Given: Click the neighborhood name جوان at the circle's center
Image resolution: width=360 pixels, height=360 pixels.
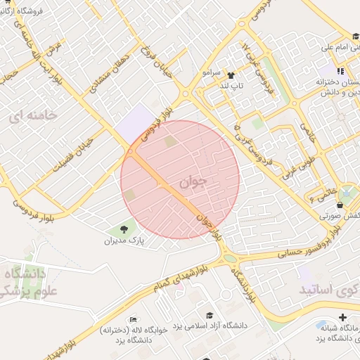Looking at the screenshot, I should point(195,181).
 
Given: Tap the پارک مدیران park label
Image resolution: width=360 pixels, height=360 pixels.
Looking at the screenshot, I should point(124,240).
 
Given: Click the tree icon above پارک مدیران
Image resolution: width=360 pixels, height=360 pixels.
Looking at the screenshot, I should point(124,229).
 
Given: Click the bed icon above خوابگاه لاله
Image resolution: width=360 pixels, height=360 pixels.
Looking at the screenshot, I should point(134,319).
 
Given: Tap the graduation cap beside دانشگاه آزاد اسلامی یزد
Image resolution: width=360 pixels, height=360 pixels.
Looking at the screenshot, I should point(210,315).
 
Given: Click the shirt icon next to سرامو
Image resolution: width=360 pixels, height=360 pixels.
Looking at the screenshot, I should point(231,73).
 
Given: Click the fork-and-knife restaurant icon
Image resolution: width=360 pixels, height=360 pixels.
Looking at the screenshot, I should point(341,71).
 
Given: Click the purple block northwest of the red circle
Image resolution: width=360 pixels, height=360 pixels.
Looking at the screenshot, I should point(136,122).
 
